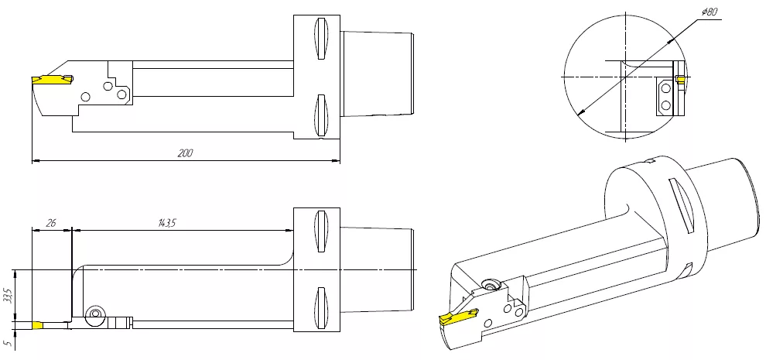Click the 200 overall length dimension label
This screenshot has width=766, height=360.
click(x=185, y=153)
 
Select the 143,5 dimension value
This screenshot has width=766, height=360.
click(x=167, y=223)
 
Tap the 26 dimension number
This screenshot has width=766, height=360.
click(x=51, y=223)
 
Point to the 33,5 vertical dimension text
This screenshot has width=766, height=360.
click(x=7, y=296)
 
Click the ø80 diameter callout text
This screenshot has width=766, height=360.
click(x=710, y=12)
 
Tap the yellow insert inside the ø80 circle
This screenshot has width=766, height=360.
click(x=681, y=79)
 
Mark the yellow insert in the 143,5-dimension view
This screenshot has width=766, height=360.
click(x=37, y=325)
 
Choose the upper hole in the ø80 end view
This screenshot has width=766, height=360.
click(x=665, y=89)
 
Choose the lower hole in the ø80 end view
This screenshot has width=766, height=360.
click(x=665, y=105)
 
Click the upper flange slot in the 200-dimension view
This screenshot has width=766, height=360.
click(x=321, y=39)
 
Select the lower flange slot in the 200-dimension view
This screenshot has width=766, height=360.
click(x=321, y=115)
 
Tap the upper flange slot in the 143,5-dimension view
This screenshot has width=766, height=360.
click(x=321, y=231)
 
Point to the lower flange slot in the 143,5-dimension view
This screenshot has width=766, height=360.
click(x=321, y=307)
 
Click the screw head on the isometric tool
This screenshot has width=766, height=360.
click(x=489, y=284)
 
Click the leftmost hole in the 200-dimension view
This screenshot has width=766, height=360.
click(x=85, y=97)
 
